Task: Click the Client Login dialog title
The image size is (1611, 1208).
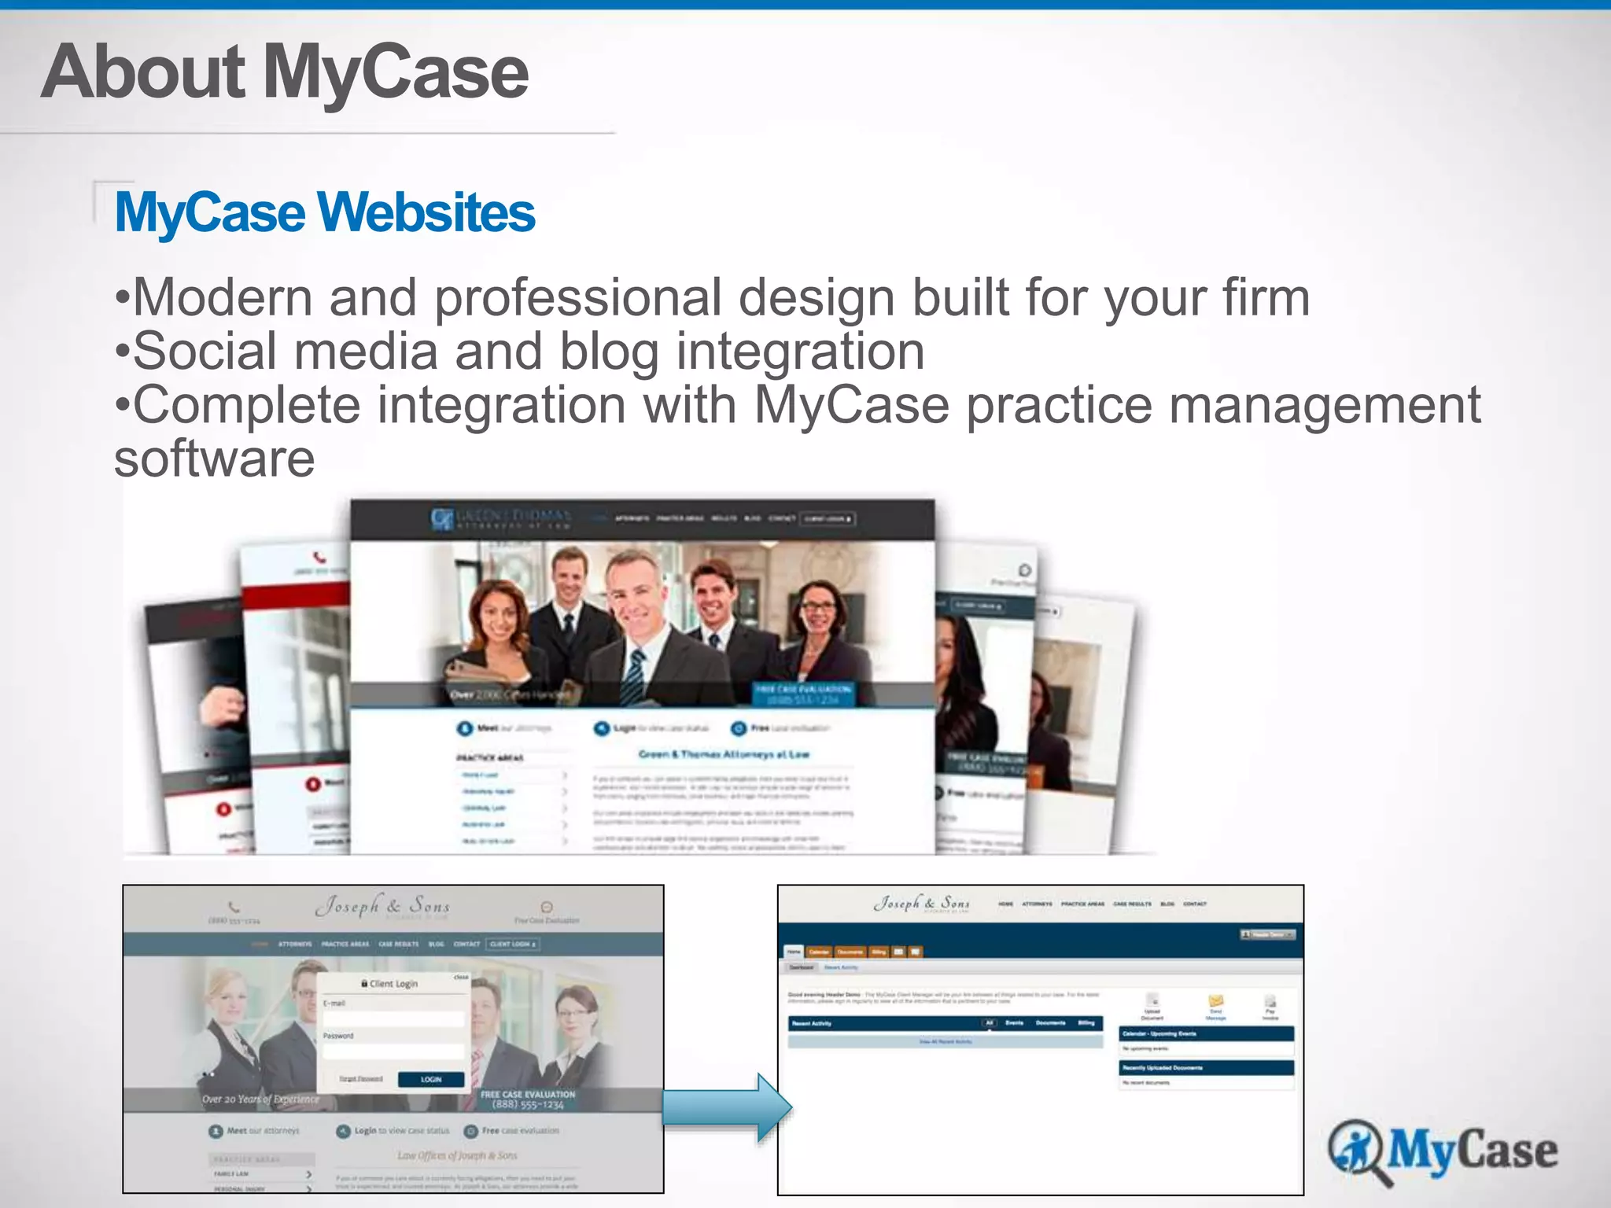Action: (x=390, y=984)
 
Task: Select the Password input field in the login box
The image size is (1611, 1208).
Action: (x=393, y=1051)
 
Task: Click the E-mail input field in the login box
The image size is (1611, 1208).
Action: (x=393, y=1018)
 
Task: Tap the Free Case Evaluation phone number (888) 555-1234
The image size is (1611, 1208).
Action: (x=528, y=1105)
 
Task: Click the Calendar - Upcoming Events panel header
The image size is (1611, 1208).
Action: (x=1206, y=1033)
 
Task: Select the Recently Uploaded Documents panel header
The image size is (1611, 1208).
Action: (x=1206, y=1068)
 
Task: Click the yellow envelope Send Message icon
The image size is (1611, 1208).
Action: (x=1216, y=1001)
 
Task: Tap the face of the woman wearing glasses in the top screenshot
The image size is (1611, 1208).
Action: (x=819, y=610)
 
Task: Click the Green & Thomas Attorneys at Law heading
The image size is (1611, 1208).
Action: (x=723, y=754)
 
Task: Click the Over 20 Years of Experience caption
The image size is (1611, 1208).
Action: (x=260, y=1099)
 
